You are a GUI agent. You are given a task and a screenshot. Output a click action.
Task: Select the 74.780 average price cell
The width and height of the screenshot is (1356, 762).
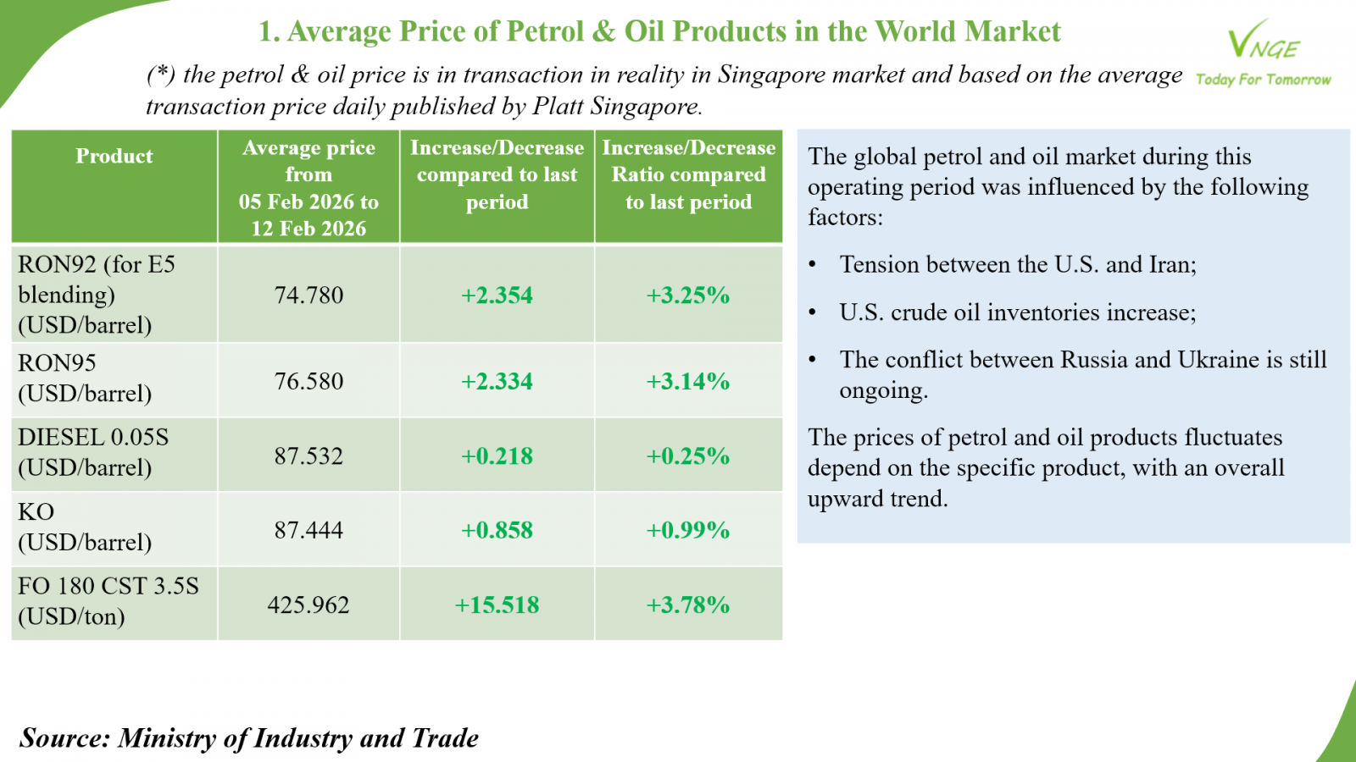(308, 295)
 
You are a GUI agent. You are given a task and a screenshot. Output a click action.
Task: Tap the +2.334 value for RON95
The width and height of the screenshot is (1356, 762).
(497, 381)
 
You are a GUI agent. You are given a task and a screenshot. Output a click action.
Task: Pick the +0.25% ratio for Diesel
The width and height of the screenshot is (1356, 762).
(688, 456)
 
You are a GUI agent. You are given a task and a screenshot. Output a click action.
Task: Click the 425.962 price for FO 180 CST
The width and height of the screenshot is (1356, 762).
(308, 605)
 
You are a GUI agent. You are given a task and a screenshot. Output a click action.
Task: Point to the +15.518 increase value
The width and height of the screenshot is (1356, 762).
(497, 605)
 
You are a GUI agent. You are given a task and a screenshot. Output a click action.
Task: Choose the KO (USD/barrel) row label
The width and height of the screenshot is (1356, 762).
(85, 527)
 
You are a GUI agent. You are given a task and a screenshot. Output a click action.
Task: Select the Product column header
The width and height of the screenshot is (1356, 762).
(114, 156)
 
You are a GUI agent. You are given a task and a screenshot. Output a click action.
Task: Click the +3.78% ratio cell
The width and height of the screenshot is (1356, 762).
(688, 605)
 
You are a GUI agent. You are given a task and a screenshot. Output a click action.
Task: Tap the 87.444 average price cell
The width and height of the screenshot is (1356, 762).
(308, 530)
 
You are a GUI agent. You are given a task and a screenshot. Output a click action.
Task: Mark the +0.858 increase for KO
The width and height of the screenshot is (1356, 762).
(497, 530)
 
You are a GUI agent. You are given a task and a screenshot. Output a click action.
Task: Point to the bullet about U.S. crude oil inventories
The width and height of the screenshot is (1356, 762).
(1017, 312)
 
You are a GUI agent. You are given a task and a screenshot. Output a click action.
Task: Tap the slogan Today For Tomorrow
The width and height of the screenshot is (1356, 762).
(1263, 80)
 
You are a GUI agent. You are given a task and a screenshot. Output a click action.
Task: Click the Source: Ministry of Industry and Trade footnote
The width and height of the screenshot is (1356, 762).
(249, 737)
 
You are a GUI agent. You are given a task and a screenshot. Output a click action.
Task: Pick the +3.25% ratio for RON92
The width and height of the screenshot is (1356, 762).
(688, 295)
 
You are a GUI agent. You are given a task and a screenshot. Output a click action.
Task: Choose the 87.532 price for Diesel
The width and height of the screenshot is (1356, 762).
(308, 456)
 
